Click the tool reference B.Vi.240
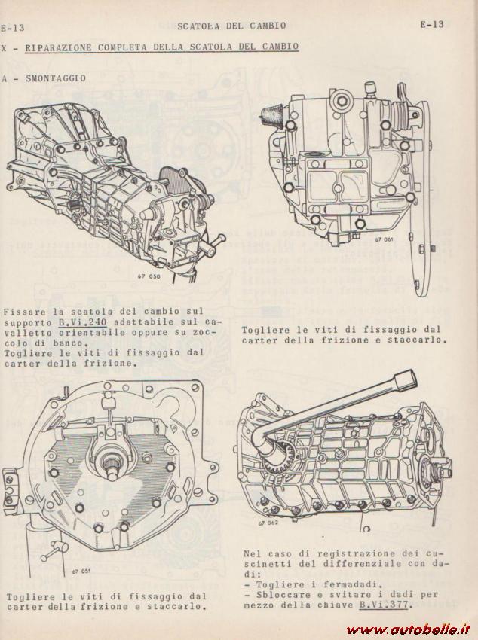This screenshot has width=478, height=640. pyautogui.click(x=82, y=322)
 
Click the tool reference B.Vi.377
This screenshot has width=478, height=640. pyautogui.click(x=384, y=605)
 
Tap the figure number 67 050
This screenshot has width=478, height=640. pyautogui.click(x=149, y=276)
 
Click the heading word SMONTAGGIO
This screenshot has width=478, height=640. pyautogui.click(x=56, y=78)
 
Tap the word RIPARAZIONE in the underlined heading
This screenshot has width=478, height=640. pyautogui.click(x=58, y=47)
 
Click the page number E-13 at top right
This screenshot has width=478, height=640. pyautogui.click(x=432, y=25)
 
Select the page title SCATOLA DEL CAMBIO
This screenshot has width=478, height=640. pyautogui.click(x=231, y=26)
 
